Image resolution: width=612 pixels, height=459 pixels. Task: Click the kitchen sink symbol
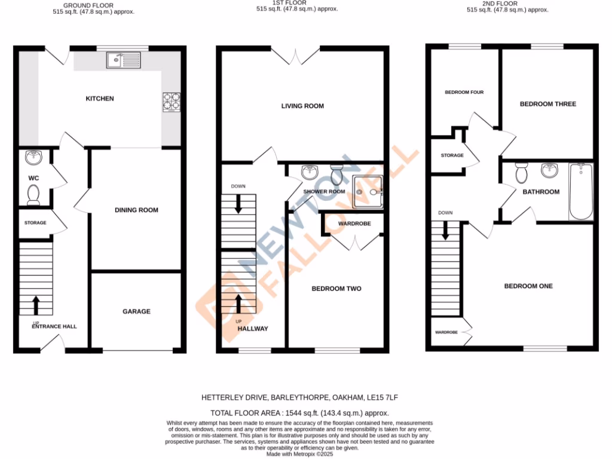[123, 60]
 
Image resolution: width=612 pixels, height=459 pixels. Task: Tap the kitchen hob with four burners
[170, 102]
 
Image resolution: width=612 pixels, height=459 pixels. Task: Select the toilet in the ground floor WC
[33, 194]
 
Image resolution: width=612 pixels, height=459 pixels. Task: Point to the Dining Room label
[136, 210]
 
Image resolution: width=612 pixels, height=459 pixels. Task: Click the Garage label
[136, 311]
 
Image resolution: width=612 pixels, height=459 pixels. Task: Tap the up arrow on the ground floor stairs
[35, 305]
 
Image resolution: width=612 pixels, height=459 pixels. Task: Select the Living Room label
[303, 106]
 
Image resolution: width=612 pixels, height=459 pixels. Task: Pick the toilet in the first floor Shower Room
[336, 175]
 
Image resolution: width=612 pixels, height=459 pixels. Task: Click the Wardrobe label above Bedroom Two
[354, 224]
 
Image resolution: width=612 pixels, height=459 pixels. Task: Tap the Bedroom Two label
[336, 289]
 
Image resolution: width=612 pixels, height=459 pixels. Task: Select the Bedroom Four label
[464, 93]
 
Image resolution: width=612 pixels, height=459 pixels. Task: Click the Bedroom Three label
[548, 104]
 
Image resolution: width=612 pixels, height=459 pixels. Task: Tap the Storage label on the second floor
[452, 155]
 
